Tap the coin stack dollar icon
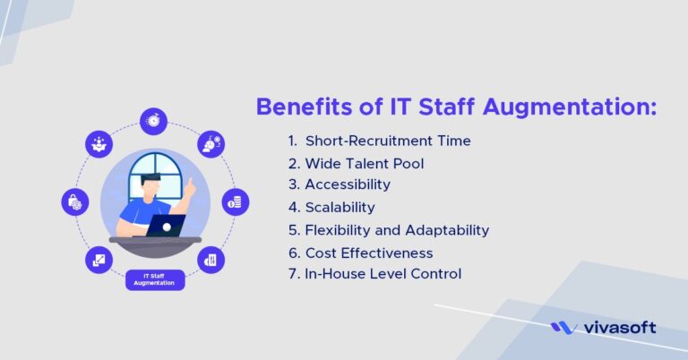[x=235, y=201]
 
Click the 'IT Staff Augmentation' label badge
[x=154, y=279]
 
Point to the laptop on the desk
[x=166, y=225]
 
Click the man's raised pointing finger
[x=191, y=181]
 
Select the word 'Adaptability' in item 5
[x=445, y=230]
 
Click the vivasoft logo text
[x=617, y=328]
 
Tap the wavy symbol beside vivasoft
[x=563, y=328]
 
